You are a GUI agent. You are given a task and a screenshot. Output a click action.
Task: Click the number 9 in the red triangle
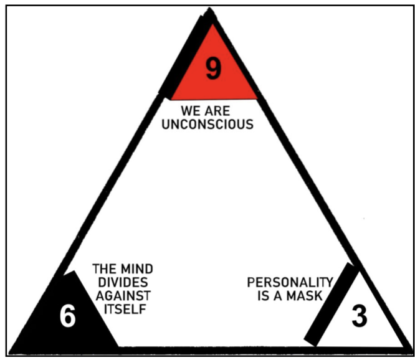(213, 69)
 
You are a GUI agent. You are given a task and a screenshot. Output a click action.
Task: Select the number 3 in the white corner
(359, 316)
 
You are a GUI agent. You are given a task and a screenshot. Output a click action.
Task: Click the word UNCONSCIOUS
(216, 124)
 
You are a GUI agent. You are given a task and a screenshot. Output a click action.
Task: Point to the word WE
(192, 111)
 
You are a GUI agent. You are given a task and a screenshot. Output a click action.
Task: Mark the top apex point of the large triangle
(211, 11)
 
